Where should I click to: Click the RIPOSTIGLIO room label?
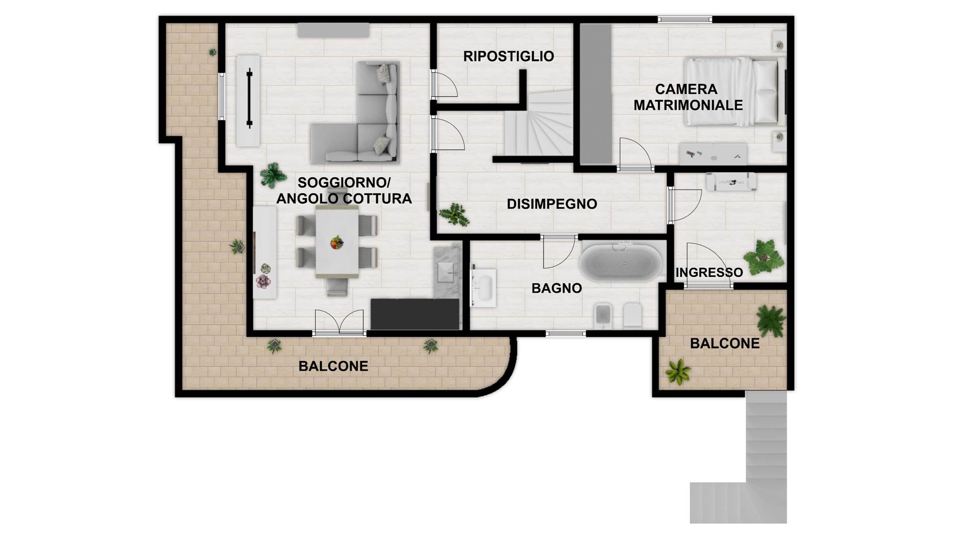click(508, 56)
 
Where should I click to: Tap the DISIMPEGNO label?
click(552, 204)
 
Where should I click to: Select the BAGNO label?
click(557, 288)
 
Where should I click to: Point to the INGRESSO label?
click(709, 273)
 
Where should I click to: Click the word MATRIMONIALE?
click(688, 105)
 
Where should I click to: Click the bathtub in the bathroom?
click(621, 263)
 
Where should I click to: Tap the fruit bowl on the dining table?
click(337, 243)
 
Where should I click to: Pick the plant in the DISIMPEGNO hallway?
click(455, 215)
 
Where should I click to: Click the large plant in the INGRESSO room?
click(763, 257)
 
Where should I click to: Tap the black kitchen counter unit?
click(415, 314)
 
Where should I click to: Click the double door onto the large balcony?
click(339, 323)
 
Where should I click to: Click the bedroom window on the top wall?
click(685, 20)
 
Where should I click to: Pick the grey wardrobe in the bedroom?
click(596, 94)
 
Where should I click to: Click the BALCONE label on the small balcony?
click(725, 344)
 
